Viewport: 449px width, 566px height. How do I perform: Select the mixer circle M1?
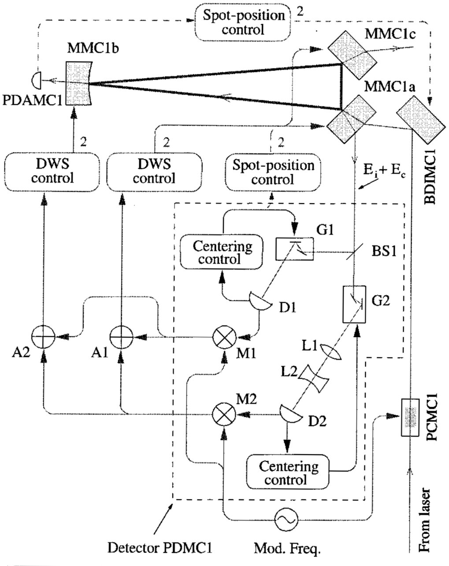[224, 338]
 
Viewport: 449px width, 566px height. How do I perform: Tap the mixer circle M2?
[224, 414]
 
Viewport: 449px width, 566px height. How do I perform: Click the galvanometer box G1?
[294, 249]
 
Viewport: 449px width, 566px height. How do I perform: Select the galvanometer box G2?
[354, 305]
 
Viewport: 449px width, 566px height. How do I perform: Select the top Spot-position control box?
[243, 22]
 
